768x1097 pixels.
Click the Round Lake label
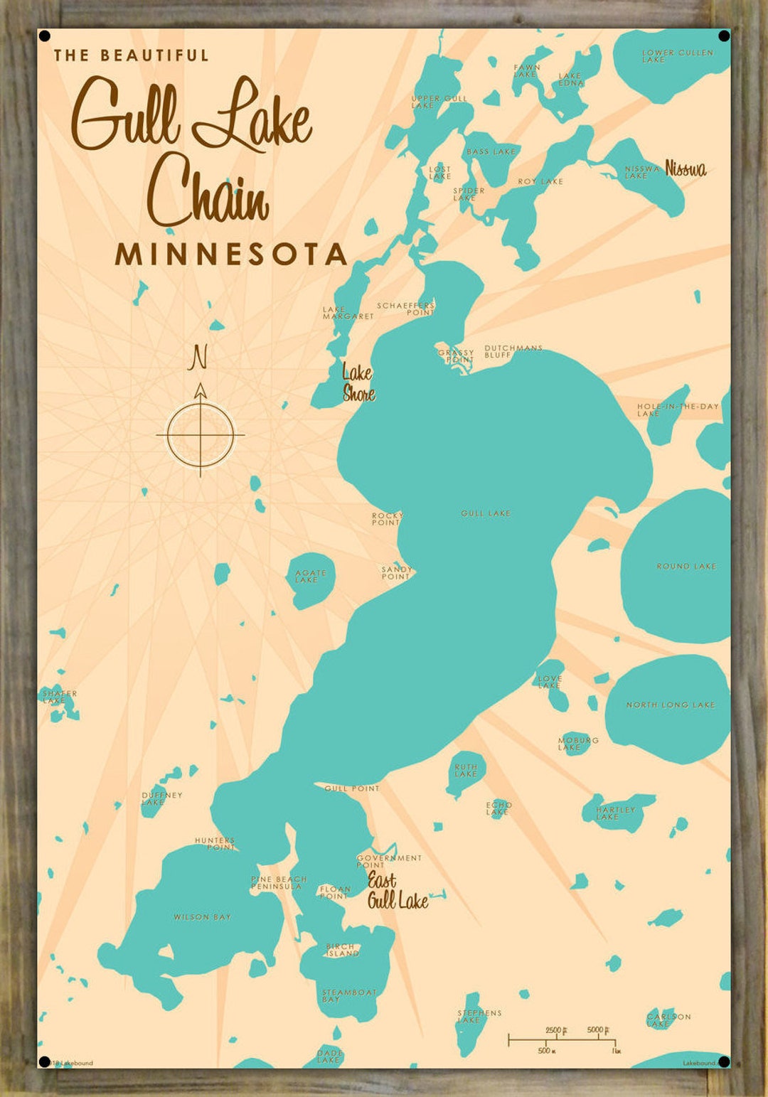click(686, 567)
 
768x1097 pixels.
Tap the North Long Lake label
click(671, 705)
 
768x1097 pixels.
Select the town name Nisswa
click(686, 168)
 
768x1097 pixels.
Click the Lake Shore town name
click(358, 383)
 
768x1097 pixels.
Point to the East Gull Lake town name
click(397, 892)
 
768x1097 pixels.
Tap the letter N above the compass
click(198, 358)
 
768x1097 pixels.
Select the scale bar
click(562, 1040)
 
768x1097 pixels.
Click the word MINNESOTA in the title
click(231, 255)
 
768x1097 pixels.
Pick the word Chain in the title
click(208, 191)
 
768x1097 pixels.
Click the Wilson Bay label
click(202, 917)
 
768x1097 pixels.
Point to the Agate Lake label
click(311, 577)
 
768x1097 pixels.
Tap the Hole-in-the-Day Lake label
click(678, 410)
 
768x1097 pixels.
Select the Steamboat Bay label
click(348, 995)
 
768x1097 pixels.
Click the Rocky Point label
click(387, 519)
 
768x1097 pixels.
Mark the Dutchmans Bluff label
click(513, 351)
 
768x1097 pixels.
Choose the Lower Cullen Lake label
click(677, 56)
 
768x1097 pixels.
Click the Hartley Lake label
click(615, 813)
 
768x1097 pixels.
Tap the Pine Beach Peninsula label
click(278, 883)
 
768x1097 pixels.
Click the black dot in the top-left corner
click(44, 36)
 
